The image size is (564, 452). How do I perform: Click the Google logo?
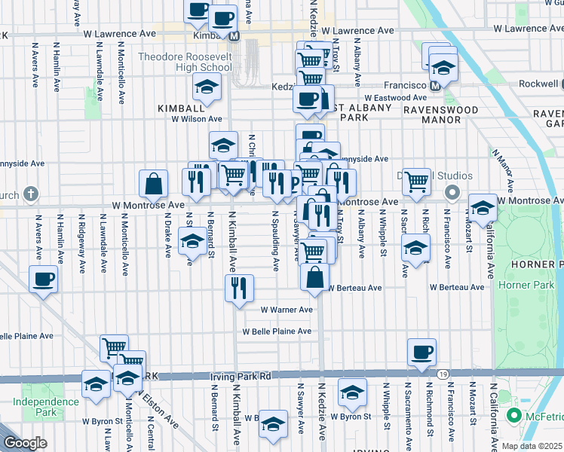tap(25, 443)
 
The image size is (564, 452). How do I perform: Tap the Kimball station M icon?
tap(234, 35)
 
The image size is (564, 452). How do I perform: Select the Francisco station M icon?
tap(434, 86)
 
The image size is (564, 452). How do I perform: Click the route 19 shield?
tap(443, 374)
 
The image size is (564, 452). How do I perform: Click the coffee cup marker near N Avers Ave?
tap(44, 279)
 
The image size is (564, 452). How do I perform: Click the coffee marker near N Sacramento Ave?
tap(421, 351)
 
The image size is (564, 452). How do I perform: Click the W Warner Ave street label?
tap(287, 310)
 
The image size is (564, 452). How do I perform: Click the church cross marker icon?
tap(31, 194)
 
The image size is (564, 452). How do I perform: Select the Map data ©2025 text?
tap(532, 446)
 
